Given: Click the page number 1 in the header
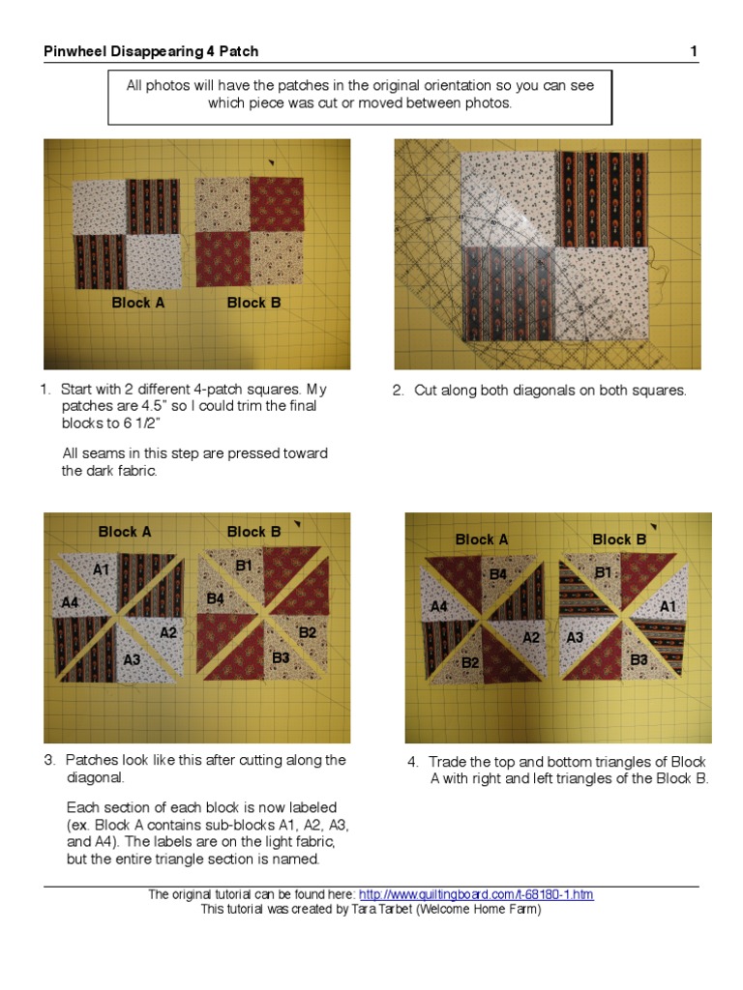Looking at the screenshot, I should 694,51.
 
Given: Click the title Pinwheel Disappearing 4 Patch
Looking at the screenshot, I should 151,51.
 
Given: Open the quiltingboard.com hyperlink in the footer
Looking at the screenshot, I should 476,895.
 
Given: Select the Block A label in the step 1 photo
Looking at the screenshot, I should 137,303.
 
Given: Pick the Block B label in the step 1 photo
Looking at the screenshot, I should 253,303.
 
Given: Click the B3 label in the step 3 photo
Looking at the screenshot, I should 281,658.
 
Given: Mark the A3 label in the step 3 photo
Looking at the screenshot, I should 133,659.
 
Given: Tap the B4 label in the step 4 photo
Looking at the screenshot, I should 497,574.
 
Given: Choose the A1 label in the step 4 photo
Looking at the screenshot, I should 669,606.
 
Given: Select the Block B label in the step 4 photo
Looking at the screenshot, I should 619,539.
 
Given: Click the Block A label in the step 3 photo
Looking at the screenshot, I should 125,532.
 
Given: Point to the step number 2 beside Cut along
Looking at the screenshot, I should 397,391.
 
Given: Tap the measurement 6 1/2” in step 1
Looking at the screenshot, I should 141,422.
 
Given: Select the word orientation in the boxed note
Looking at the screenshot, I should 431,85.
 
